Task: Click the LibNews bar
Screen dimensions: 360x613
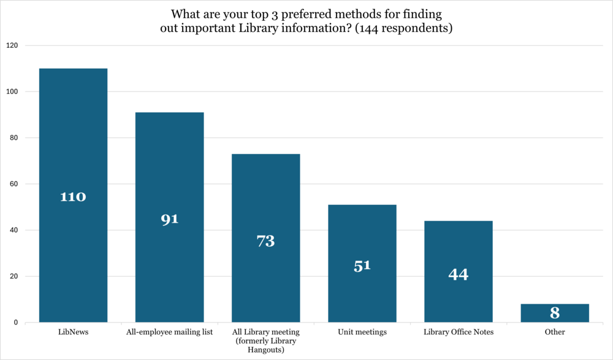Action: [x=73, y=135]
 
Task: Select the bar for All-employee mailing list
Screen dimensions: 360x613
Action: [x=169, y=159]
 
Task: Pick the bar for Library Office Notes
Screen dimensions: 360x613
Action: [x=458, y=245]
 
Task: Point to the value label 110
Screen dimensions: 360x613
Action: [x=73, y=197]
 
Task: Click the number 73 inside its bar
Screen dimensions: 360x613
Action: [x=265, y=241]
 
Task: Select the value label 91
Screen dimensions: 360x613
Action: [x=169, y=219]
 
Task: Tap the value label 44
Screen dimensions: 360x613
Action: [x=458, y=274]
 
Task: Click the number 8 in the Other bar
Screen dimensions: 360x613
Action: [x=555, y=313]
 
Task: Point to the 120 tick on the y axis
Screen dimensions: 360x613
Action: [x=12, y=45]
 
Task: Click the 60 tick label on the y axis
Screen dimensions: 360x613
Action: [x=14, y=184]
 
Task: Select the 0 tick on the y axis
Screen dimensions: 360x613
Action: [x=16, y=323]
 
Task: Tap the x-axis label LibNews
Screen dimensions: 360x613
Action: [x=73, y=332]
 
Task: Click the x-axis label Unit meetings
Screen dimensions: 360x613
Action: [x=362, y=332]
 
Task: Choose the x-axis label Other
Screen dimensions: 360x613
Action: [x=555, y=332]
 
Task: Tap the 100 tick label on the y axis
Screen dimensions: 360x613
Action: [x=12, y=91]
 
